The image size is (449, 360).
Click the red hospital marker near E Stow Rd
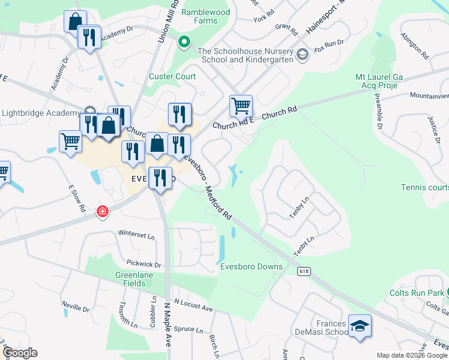(x=103, y=211)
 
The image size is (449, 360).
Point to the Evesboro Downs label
(x=247, y=267)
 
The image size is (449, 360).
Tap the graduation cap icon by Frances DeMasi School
(x=360, y=326)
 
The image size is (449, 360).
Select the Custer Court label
(x=172, y=76)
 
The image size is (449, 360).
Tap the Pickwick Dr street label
(x=144, y=263)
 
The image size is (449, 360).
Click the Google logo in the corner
(x=20, y=353)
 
